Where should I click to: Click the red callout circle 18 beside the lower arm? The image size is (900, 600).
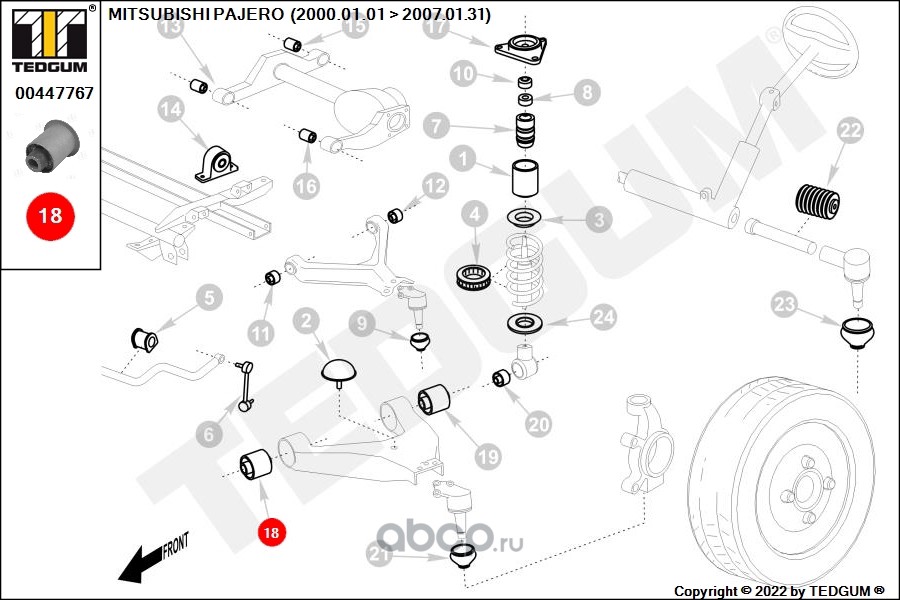point(270,533)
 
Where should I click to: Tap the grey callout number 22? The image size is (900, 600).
point(849,130)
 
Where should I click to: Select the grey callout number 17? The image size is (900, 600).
point(434,28)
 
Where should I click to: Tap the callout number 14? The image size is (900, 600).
point(171,107)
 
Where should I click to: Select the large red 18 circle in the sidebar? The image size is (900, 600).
point(49,214)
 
